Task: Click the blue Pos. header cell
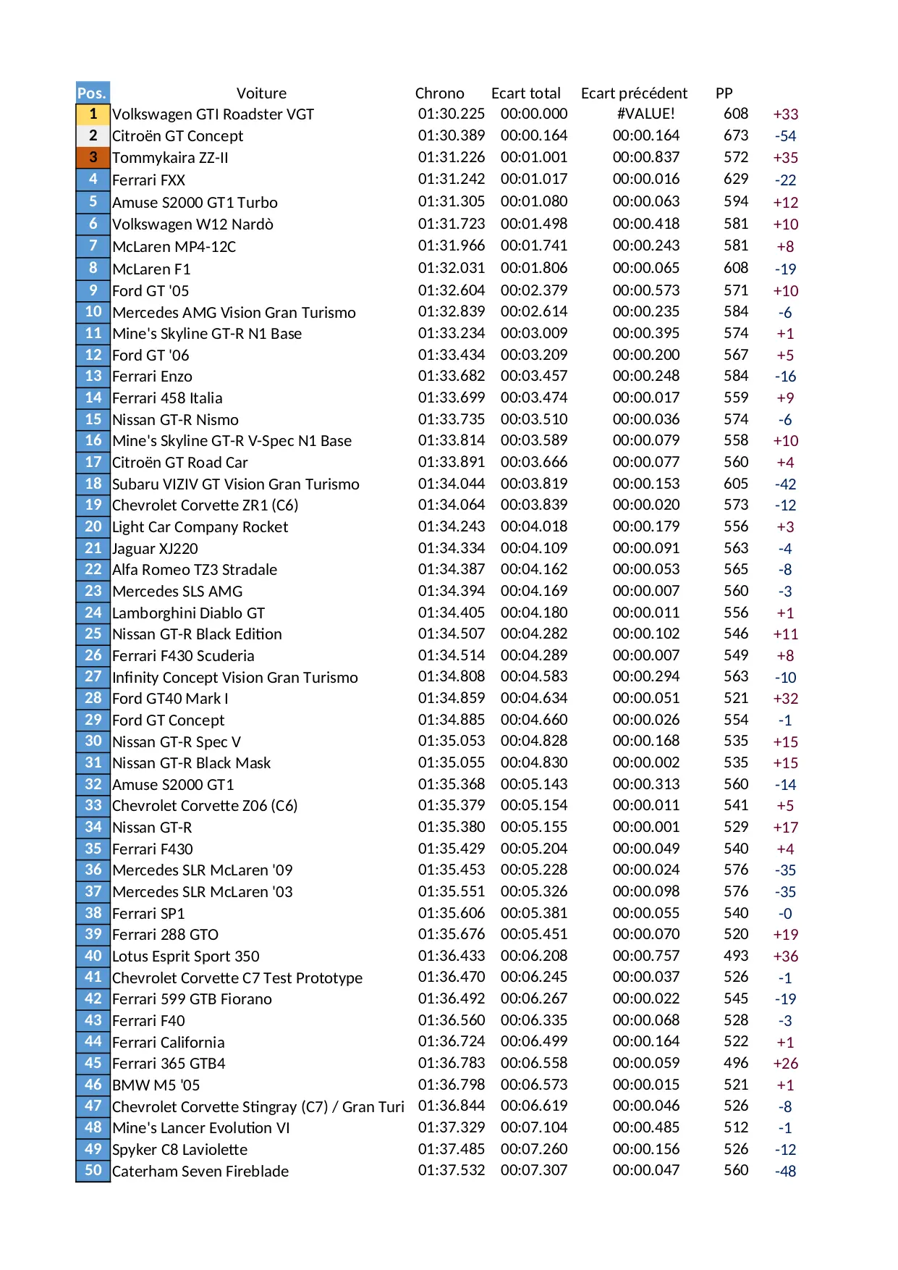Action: click(x=93, y=93)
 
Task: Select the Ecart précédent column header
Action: click(x=634, y=93)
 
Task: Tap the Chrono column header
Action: click(x=439, y=93)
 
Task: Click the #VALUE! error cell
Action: click(x=645, y=114)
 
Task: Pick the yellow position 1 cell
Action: click(x=93, y=114)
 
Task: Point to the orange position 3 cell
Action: click(x=93, y=157)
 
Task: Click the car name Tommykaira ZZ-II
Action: click(x=170, y=158)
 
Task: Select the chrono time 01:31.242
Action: click(x=452, y=179)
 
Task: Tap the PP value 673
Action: click(x=736, y=135)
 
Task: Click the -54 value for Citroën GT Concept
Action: click(x=785, y=136)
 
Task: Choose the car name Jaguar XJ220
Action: click(x=155, y=549)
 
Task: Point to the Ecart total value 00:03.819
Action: click(x=534, y=484)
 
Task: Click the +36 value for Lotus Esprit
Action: click(x=785, y=956)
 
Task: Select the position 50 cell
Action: click(x=93, y=1171)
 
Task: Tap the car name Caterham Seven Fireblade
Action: click(x=200, y=1172)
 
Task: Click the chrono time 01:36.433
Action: click(x=452, y=956)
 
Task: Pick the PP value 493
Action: click(x=736, y=956)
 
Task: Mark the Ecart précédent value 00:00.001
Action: click(x=646, y=827)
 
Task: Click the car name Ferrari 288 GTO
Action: click(x=165, y=935)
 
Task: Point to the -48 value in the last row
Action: click(x=785, y=1172)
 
